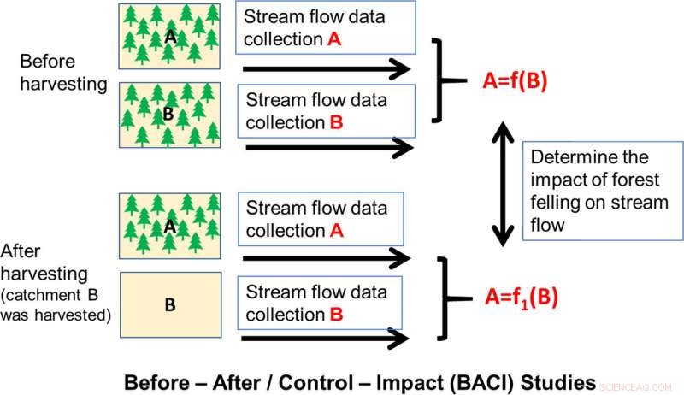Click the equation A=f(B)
tap(515, 83)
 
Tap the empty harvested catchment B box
tap(169, 304)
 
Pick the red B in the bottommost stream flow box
tap(337, 315)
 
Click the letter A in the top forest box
tap(170, 37)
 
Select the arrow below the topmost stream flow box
tap(326, 68)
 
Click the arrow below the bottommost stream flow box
tap(326, 342)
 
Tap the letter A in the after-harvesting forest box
tap(169, 226)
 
